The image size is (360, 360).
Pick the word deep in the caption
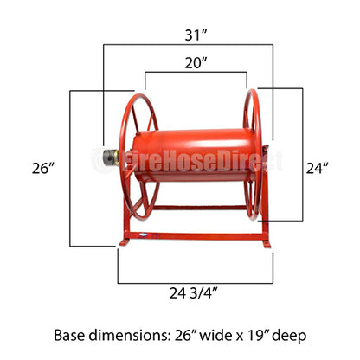289,333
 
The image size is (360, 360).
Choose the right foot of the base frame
265,245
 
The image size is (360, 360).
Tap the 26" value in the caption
183,333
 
